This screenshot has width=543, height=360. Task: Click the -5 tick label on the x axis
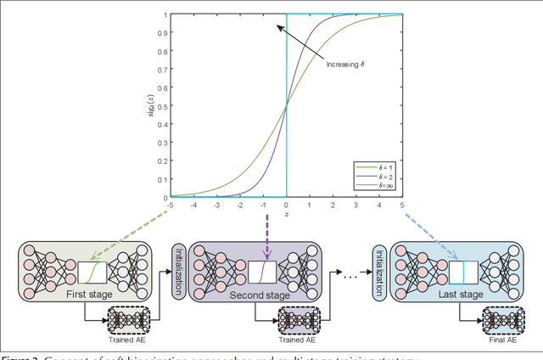[x=171, y=205]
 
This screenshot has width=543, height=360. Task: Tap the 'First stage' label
[x=86, y=294]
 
